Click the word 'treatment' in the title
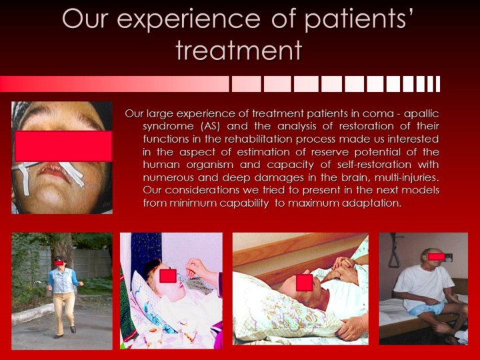click(239, 50)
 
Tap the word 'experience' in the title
click(189, 19)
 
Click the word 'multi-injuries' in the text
click(407, 177)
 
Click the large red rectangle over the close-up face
click(63, 146)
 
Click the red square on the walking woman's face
click(59, 263)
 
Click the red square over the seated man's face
click(436, 257)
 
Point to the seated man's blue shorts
click(427, 307)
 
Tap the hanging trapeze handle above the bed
click(395, 255)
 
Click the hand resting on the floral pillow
click(353, 327)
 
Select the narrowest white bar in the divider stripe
click(438, 84)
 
